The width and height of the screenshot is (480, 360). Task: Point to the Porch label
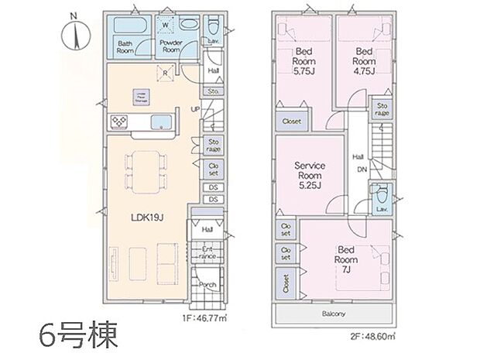click(x=207, y=283)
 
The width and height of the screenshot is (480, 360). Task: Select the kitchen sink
click(x=162, y=121)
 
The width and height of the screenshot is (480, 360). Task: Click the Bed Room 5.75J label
click(x=303, y=62)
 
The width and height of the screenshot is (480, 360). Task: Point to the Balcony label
click(x=334, y=314)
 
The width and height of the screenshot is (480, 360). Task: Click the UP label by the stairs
click(x=196, y=108)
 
